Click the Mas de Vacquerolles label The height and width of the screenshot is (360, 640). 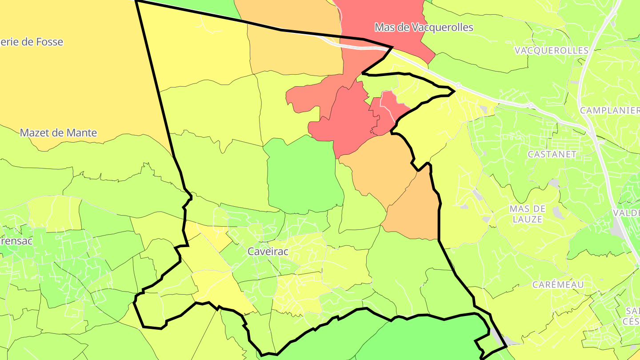(424, 28)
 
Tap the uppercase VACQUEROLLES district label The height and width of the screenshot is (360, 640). (551, 50)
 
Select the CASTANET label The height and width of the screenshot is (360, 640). (552, 154)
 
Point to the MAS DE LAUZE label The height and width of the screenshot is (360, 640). (527, 214)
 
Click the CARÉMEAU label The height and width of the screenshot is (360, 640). (558, 284)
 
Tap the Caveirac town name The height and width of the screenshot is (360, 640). (268, 252)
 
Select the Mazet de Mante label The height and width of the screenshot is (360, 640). (58, 133)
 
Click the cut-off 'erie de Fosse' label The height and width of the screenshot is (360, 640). (31, 42)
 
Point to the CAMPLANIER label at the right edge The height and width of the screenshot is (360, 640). (609, 111)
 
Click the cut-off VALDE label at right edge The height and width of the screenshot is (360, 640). (626, 213)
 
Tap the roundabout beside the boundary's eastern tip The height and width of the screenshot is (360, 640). (458, 85)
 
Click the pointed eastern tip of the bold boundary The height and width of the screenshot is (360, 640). (454, 92)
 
